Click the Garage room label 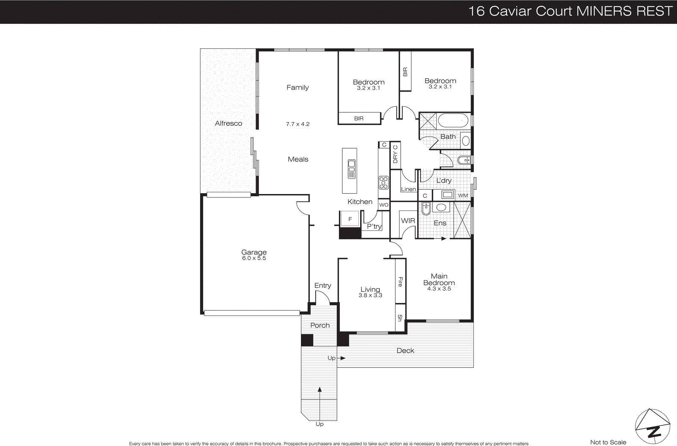254,252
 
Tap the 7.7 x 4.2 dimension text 297,124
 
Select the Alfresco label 228,123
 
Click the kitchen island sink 351,169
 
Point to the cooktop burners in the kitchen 383,183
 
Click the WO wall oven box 383,205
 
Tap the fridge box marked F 350,219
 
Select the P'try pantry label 374,227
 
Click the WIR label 408,221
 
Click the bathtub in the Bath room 453,121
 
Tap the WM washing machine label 463,195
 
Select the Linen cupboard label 408,189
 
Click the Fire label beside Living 400,282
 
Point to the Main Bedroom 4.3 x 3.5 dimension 439,289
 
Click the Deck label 405,351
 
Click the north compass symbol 652,427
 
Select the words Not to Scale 608,442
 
